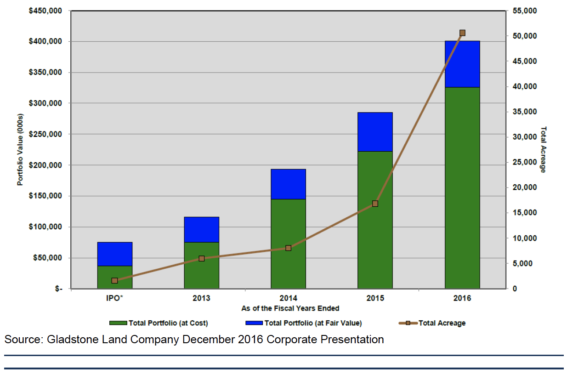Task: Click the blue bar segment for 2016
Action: [462, 64]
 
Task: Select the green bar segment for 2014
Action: [288, 244]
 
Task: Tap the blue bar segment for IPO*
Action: [114, 254]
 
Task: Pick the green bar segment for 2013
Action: [201, 265]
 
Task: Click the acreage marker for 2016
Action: [462, 33]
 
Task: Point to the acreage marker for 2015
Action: [375, 204]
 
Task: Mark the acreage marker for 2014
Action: [288, 248]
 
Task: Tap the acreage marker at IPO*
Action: [114, 280]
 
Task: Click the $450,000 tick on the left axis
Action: [45, 11]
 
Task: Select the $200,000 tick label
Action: [45, 165]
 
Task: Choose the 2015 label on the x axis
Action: [375, 298]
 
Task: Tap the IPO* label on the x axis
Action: [114, 298]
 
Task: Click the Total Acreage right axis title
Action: [543, 149]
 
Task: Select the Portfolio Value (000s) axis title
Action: [20, 149]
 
